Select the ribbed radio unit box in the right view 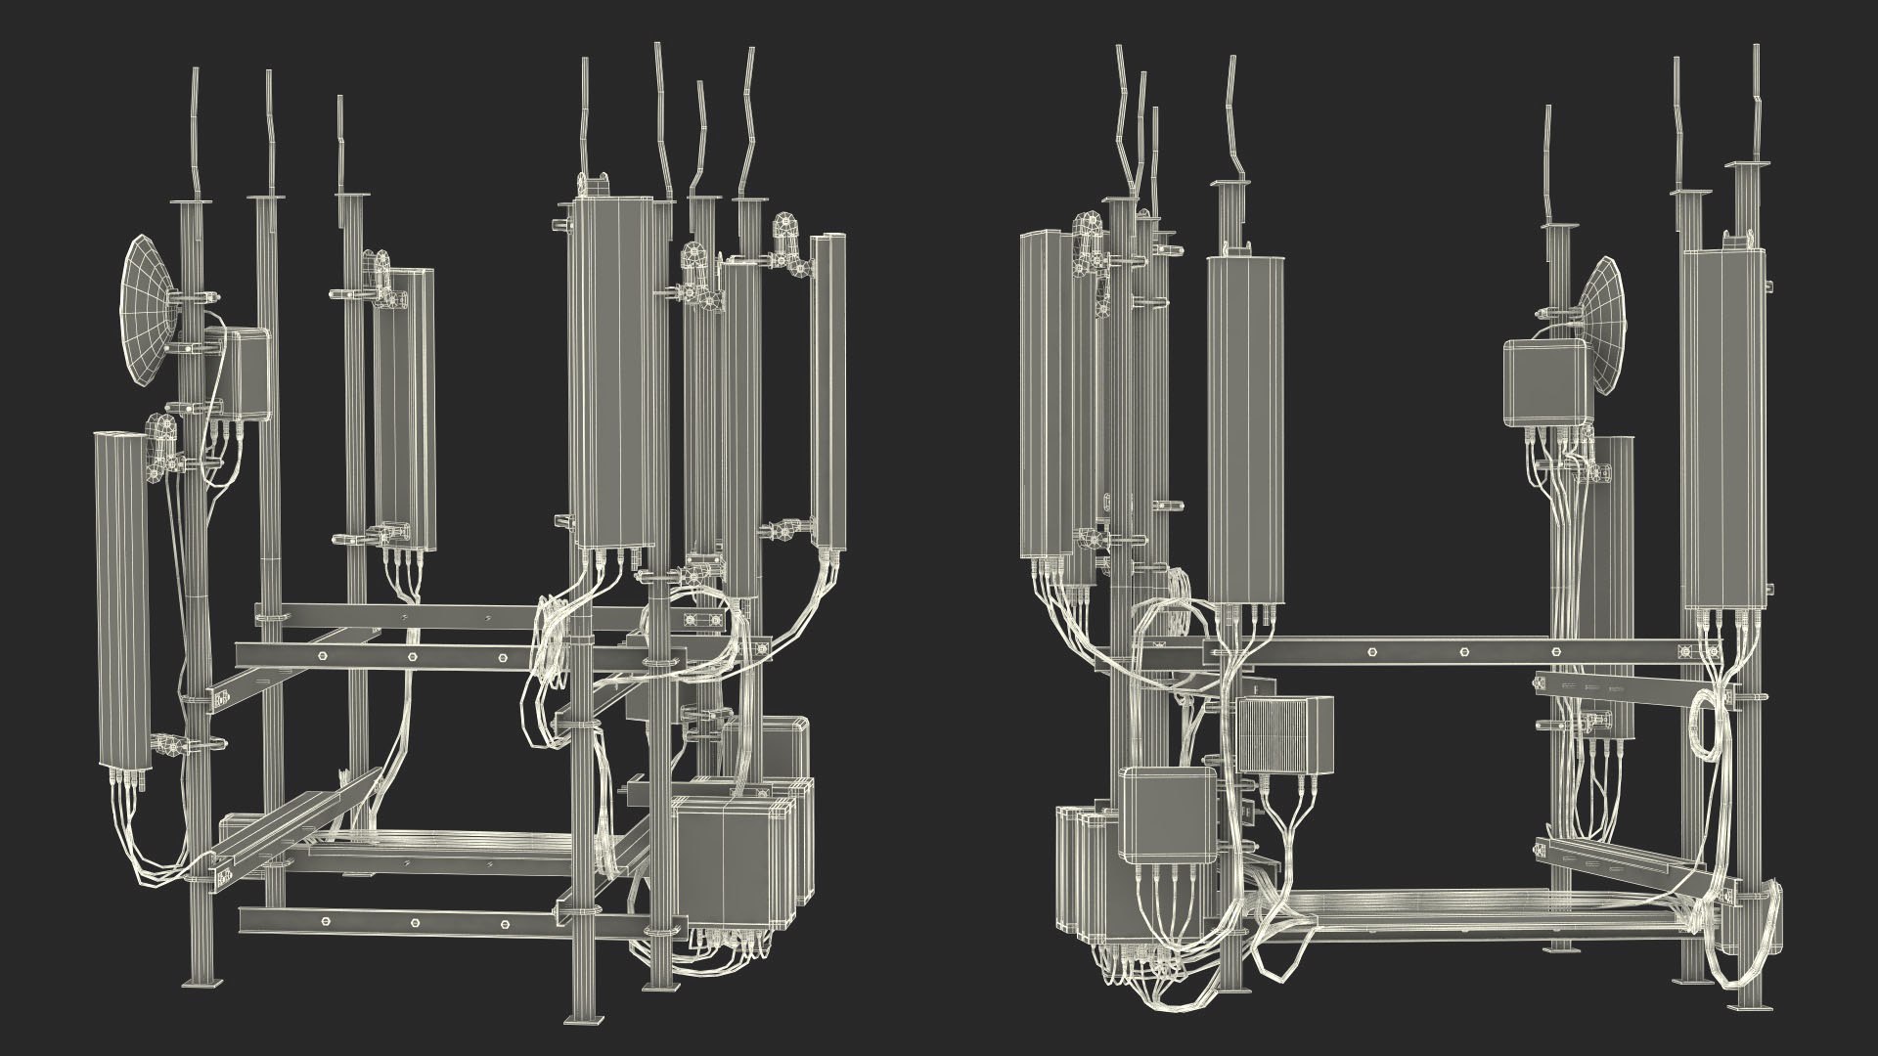pyautogui.click(x=1284, y=734)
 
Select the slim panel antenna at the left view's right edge pyautogui.click(x=830, y=391)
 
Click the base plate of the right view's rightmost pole pyautogui.click(x=1751, y=1007)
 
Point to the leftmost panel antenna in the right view pyautogui.click(x=1042, y=391)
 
